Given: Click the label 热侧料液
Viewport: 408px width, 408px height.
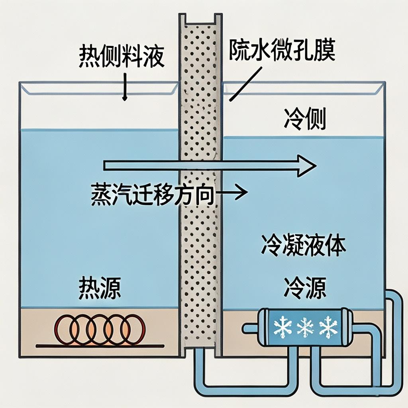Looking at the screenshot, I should click(122, 57).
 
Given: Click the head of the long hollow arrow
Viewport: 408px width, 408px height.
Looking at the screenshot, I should click(308, 165).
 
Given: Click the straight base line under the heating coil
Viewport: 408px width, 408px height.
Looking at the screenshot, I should click(100, 345).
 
